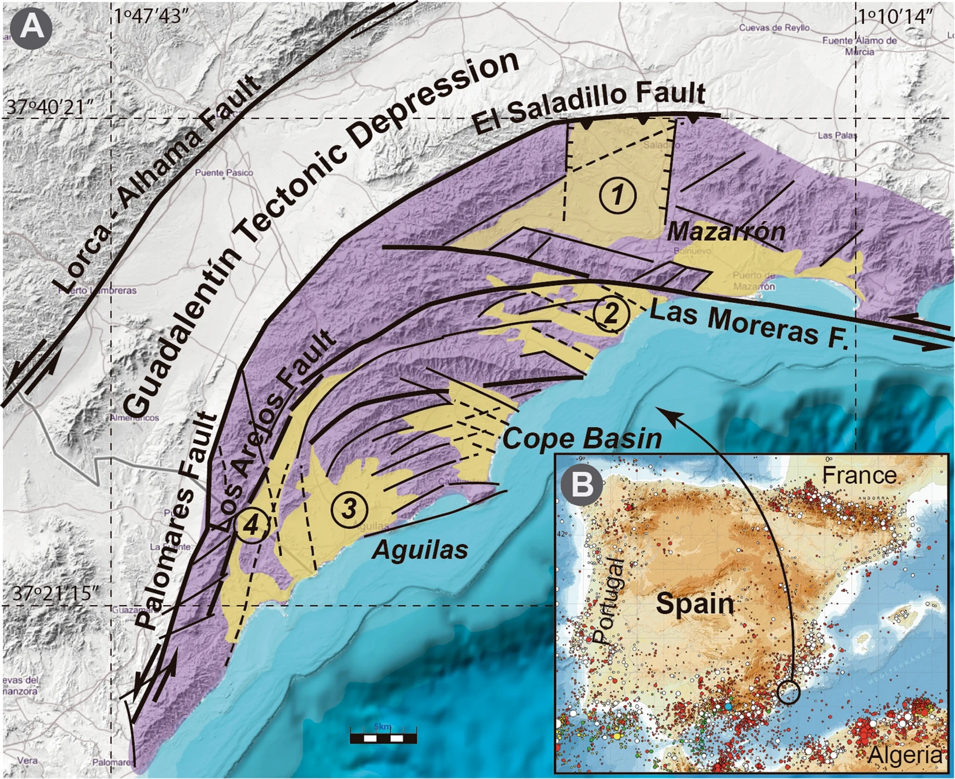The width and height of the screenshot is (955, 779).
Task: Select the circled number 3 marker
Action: (x=349, y=509)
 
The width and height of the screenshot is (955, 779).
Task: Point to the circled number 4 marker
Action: (x=251, y=525)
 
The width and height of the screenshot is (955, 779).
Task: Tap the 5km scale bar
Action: (x=383, y=737)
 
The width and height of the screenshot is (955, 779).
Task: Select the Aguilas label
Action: (x=420, y=549)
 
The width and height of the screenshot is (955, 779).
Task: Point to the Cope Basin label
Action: (x=582, y=439)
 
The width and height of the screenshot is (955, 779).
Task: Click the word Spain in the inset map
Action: (x=695, y=604)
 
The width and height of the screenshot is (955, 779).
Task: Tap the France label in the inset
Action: (x=859, y=475)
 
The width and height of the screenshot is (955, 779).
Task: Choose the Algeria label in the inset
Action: (x=905, y=754)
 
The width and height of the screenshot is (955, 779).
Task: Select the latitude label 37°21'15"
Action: (x=54, y=593)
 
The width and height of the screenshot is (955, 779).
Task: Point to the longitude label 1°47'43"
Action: (x=152, y=16)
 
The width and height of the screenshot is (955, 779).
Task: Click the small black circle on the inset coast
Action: (x=789, y=691)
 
